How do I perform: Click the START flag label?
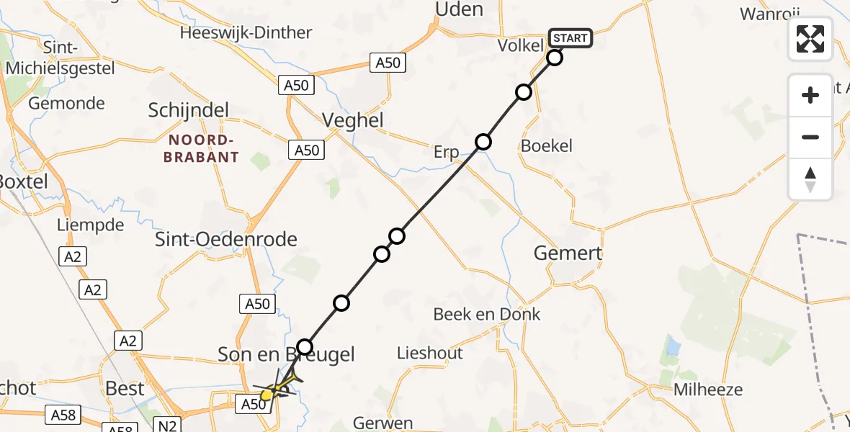571,37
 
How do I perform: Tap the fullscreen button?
810,39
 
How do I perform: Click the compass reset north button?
810,179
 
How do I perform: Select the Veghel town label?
353,120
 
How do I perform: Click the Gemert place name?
568,253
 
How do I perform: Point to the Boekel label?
546,145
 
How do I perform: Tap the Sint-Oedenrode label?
226,239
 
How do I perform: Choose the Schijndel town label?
188,111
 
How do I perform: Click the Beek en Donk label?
487,314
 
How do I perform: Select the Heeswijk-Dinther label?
246,32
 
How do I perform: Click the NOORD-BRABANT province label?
200,149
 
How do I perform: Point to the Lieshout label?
430,354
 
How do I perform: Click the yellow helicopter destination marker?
267,395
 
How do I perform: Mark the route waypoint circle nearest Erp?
483,142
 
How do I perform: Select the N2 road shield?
169,426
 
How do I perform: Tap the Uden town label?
458,9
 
